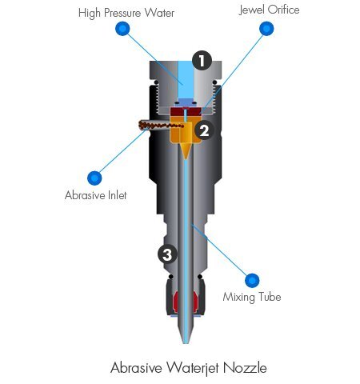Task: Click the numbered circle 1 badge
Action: (202, 60)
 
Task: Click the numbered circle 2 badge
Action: (204, 130)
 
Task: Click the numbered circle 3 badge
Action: (167, 254)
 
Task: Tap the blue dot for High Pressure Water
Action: (122, 28)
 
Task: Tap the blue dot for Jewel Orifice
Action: (266, 28)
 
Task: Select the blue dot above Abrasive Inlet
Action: (94, 178)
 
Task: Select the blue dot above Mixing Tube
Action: (252, 280)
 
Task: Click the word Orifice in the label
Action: (284, 10)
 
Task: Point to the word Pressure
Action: (122, 13)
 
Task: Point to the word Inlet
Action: (117, 195)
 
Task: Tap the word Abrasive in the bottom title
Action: (136, 368)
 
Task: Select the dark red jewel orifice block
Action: (186, 111)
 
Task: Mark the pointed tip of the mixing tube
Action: (186, 343)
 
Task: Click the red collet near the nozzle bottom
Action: (186, 302)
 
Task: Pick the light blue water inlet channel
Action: (186, 80)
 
